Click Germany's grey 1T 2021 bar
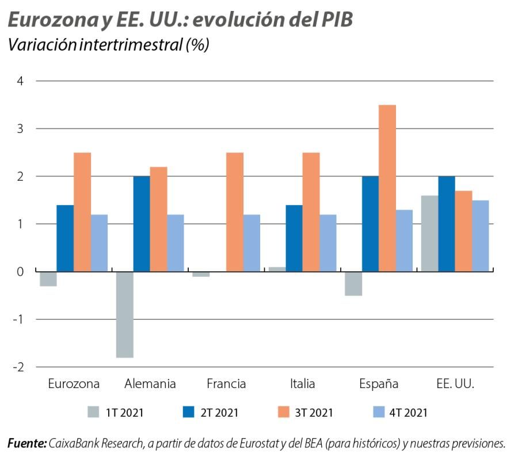tap(124, 314)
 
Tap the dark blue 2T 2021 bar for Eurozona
tap(65, 238)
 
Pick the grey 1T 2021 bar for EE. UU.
tap(429, 233)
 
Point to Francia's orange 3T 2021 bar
tap(235, 211)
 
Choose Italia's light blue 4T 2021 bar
tap(327, 242)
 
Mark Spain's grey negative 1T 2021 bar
tap(353, 283)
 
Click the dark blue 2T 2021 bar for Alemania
tap(142, 223)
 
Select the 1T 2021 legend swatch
tap(93, 412)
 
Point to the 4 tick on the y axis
tap(20, 81)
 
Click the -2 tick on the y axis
tap(19, 367)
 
